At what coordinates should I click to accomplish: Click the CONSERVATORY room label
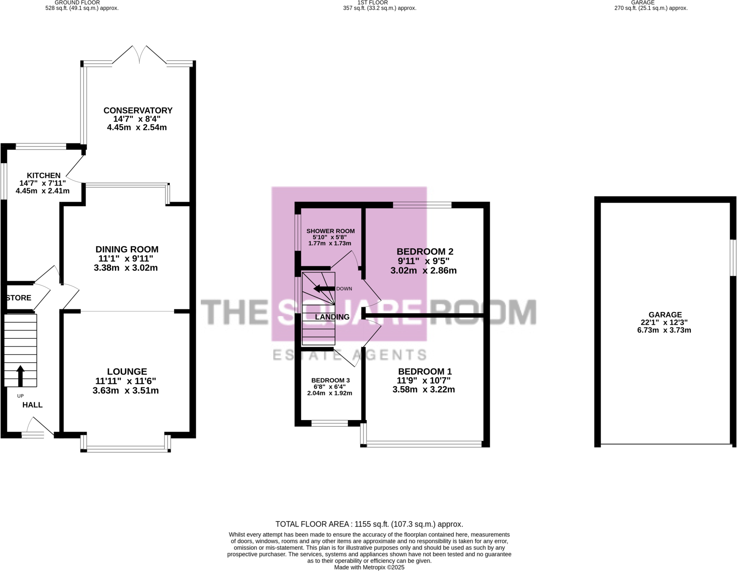point(138,110)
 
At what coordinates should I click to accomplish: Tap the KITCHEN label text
point(44,175)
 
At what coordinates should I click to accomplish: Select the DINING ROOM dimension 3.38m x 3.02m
point(126,268)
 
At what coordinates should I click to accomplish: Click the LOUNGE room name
point(127,371)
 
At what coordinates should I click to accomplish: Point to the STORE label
point(19,298)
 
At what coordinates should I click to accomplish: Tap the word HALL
point(32,405)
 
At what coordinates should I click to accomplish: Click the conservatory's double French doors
point(139,56)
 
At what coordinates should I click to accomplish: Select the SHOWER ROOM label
point(330,231)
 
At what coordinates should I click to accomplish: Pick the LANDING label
point(332,317)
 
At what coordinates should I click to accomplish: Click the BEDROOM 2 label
point(425,252)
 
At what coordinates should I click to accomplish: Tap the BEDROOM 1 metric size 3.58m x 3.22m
point(423,389)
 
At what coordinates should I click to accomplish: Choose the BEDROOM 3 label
point(330,380)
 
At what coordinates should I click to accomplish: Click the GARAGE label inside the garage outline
point(665,314)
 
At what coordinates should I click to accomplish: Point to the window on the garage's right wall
point(733,257)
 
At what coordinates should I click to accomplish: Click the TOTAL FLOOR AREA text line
point(369,524)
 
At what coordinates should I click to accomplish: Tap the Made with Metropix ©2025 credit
point(369,567)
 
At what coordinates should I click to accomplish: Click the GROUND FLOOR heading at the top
point(77,3)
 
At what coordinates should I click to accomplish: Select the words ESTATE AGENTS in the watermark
point(350,355)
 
